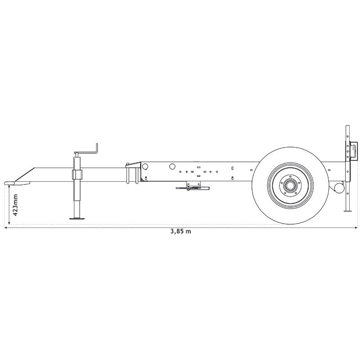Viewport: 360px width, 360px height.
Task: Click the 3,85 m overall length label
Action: coord(180,232)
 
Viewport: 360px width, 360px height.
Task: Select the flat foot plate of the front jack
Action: coord(78,219)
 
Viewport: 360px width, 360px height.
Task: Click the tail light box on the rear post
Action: coord(354,150)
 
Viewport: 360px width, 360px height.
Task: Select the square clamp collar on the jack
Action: coord(77,175)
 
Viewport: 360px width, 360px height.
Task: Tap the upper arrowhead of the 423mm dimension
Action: coord(9,186)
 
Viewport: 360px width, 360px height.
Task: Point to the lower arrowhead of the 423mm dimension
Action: coord(9,224)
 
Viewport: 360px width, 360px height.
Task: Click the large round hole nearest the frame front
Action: coord(145,166)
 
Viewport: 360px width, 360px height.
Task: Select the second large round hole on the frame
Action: coord(172,166)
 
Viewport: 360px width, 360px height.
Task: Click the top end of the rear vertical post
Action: coord(347,126)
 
